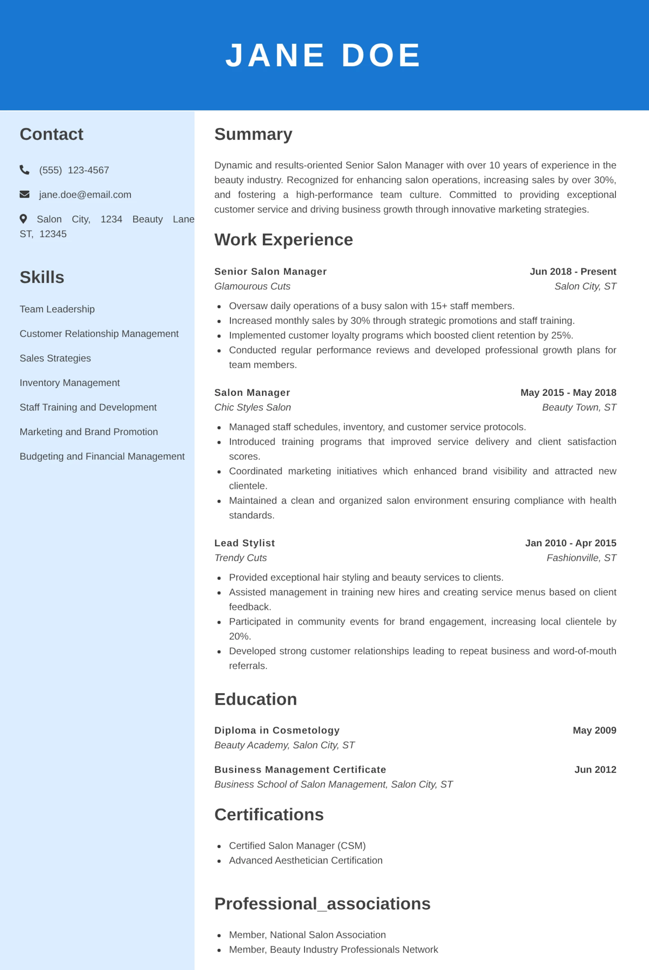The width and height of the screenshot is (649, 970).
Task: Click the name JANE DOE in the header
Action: [x=323, y=56]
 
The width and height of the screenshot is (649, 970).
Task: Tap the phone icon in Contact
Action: [x=25, y=170]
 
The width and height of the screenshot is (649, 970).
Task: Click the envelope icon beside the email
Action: [x=25, y=194]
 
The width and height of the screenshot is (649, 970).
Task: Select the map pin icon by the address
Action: [x=23, y=219]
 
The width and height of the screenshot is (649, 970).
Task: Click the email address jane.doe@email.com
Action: [x=85, y=195]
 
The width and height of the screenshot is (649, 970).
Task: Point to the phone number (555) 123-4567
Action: [x=74, y=170]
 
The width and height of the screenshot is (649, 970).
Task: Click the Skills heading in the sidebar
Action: [x=42, y=278]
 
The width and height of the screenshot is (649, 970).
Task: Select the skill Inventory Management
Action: [x=70, y=383]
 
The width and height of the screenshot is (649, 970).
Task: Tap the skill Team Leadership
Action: [x=57, y=309]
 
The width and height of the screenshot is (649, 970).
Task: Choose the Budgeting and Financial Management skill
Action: [x=102, y=456]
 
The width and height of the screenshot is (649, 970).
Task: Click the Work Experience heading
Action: [x=283, y=240]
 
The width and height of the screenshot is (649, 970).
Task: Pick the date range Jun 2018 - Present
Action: [x=573, y=272]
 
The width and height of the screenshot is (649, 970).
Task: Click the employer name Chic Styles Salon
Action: [x=252, y=407]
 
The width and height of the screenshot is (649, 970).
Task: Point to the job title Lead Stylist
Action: [x=244, y=543]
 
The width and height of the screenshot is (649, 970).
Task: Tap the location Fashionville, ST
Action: [x=581, y=558]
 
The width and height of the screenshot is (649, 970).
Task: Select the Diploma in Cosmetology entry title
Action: [x=276, y=730]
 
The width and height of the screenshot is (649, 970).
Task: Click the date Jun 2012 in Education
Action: [x=595, y=770]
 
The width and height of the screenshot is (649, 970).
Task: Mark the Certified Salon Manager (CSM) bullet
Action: [x=297, y=846]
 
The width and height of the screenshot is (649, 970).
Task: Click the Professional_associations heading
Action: [x=322, y=904]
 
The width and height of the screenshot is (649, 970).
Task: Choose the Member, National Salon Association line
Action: [x=307, y=935]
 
